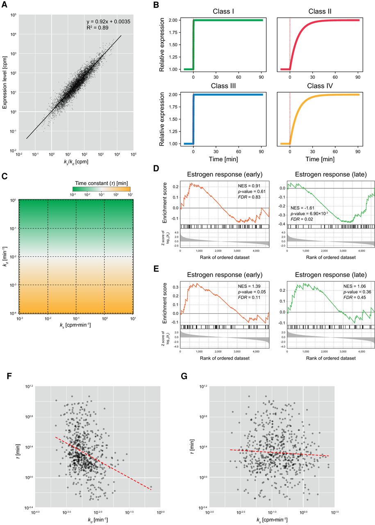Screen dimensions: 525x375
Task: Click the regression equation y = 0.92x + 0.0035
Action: click(x=108, y=21)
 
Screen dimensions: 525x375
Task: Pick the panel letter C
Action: click(x=5, y=177)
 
